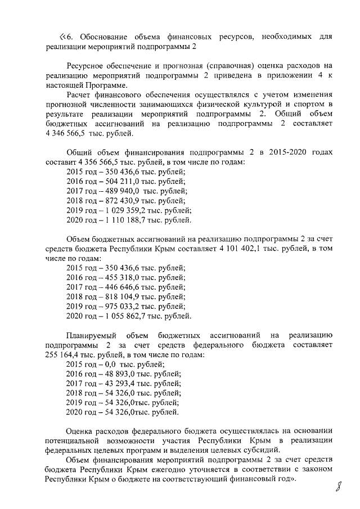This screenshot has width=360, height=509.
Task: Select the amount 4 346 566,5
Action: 71,134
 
